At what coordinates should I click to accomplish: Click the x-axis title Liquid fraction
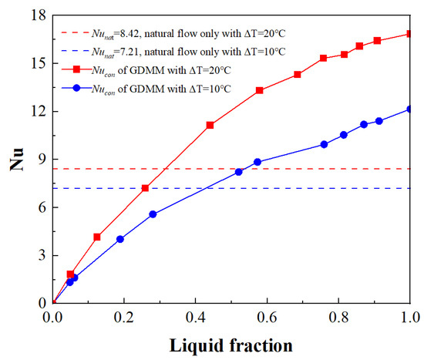tap(231, 344)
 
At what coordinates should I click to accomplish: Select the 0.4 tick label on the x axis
tap(195, 317)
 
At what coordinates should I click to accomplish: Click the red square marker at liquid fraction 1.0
tap(409, 34)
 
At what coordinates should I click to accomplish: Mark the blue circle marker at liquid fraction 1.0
tap(409, 109)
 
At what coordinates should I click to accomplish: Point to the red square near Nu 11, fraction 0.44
tap(210, 125)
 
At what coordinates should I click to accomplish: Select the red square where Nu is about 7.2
tap(145, 188)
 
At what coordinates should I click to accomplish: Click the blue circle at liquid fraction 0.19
tap(120, 239)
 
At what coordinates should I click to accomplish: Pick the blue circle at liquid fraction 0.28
tap(153, 214)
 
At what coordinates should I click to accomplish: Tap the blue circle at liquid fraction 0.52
tap(238, 172)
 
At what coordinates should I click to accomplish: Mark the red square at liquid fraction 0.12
tap(97, 237)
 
